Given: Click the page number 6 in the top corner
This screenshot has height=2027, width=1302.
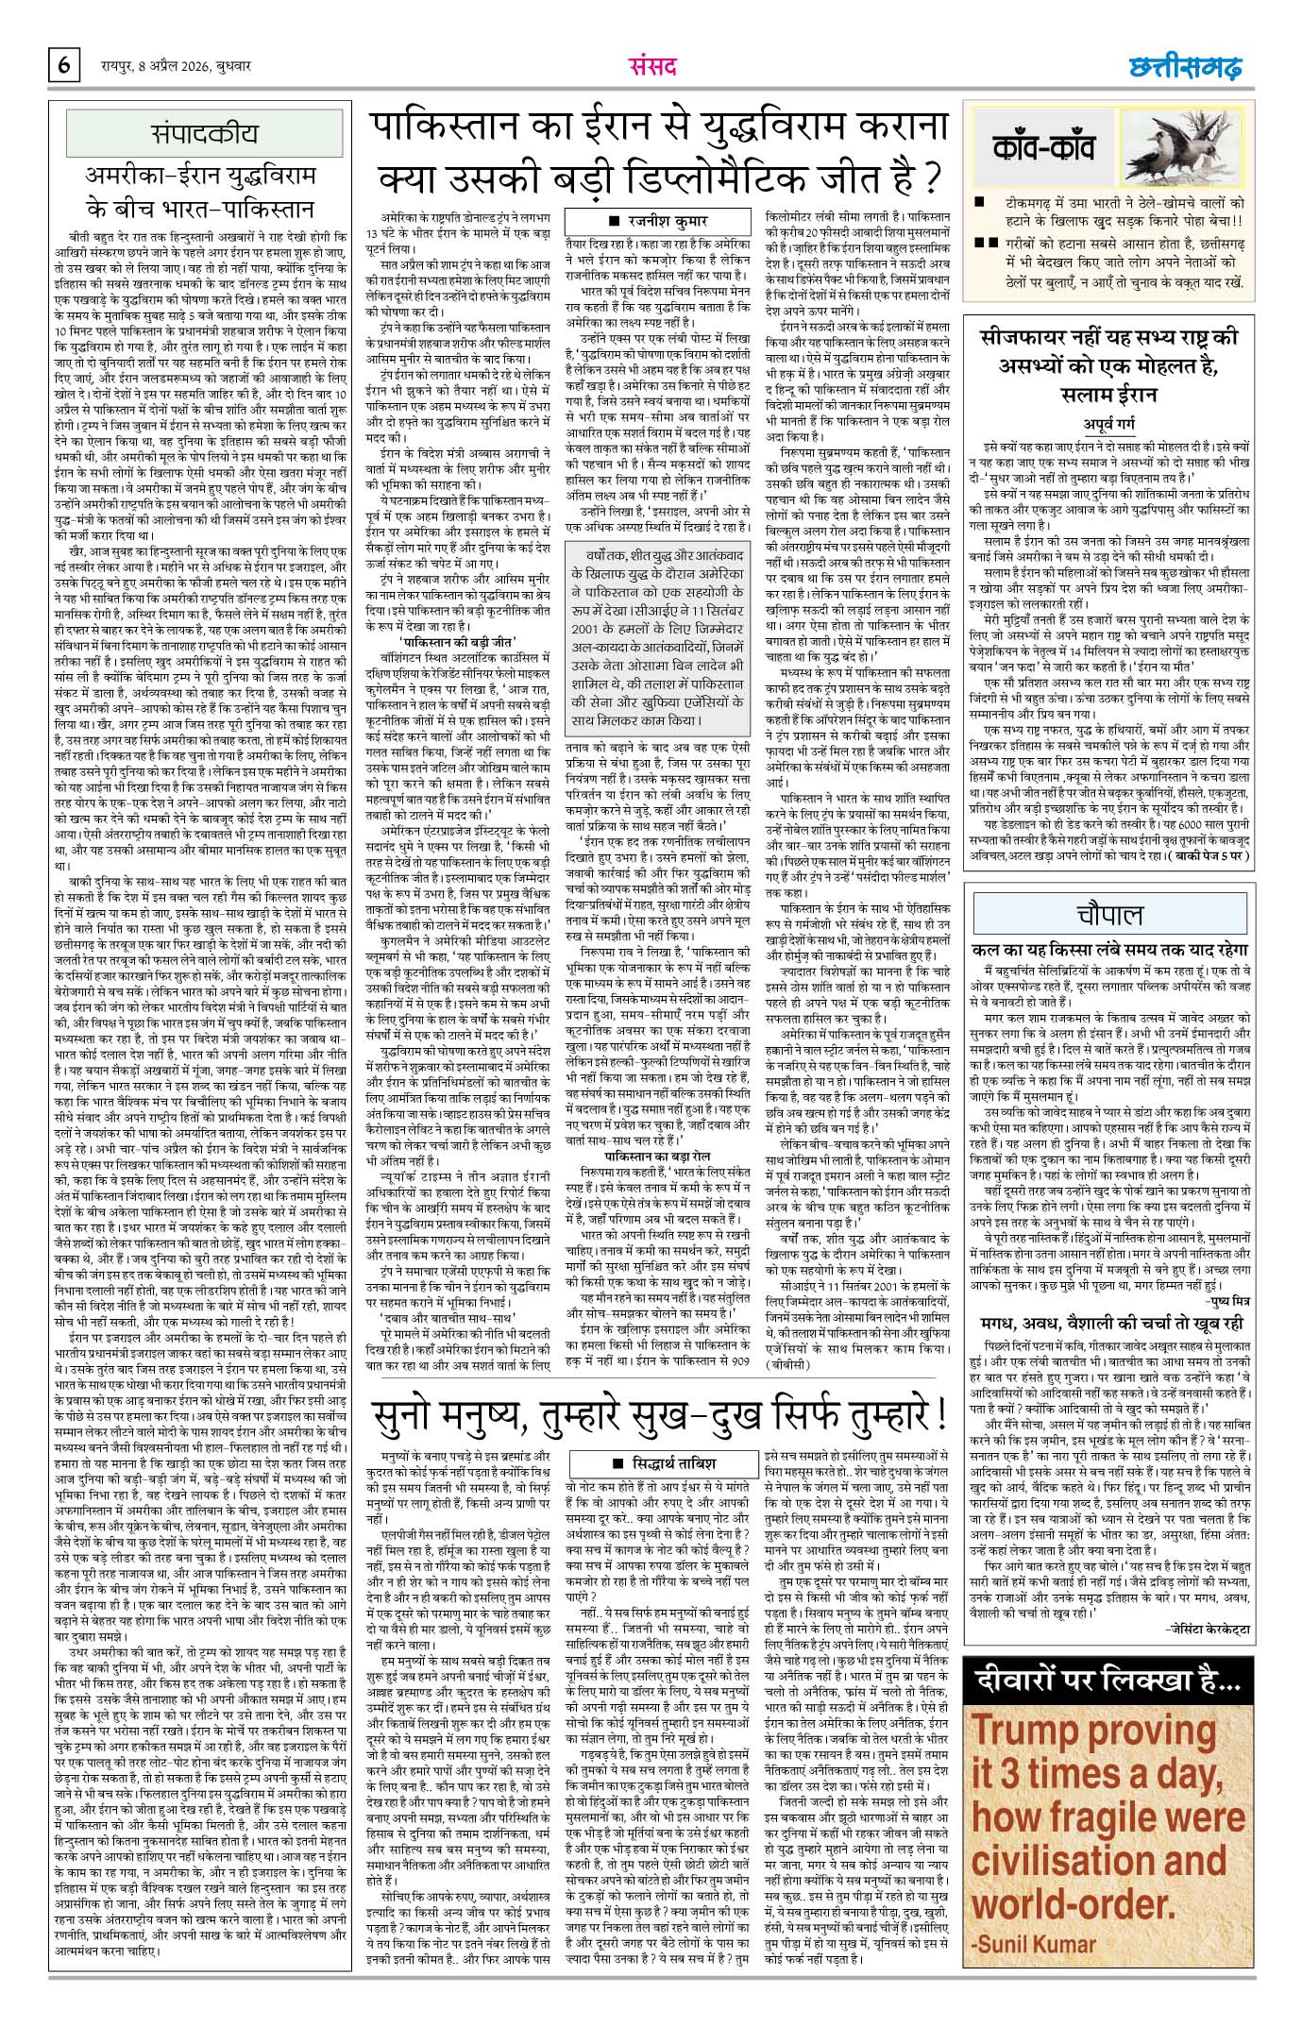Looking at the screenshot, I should click(x=65, y=66).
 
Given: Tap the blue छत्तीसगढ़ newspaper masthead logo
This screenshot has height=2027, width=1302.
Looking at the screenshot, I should click(x=1186, y=67).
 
